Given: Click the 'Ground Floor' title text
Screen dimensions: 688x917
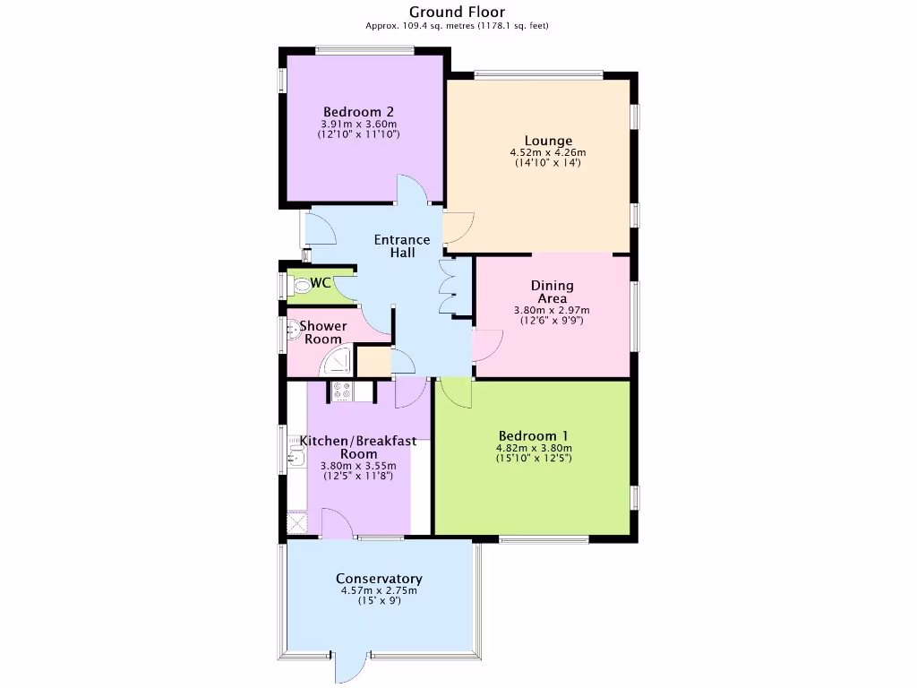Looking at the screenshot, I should pyautogui.click(x=457, y=12).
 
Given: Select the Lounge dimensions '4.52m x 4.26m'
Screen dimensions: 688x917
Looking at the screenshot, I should pyautogui.click(x=548, y=152).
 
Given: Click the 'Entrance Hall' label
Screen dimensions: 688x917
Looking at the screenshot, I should pyautogui.click(x=402, y=246).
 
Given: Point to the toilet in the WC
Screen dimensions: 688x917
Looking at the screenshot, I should pyautogui.click(x=300, y=285).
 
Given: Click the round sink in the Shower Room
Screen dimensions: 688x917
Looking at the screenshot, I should pyautogui.click(x=291, y=332).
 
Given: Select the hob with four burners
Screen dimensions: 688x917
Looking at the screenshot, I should pyautogui.click(x=341, y=391).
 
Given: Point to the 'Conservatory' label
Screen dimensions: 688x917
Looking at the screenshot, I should pyautogui.click(x=379, y=579).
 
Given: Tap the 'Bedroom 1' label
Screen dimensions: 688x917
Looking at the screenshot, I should pyautogui.click(x=534, y=436).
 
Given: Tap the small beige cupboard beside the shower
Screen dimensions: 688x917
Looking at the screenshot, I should pyautogui.click(x=373, y=362).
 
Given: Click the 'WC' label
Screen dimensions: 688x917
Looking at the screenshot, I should pyautogui.click(x=321, y=284).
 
